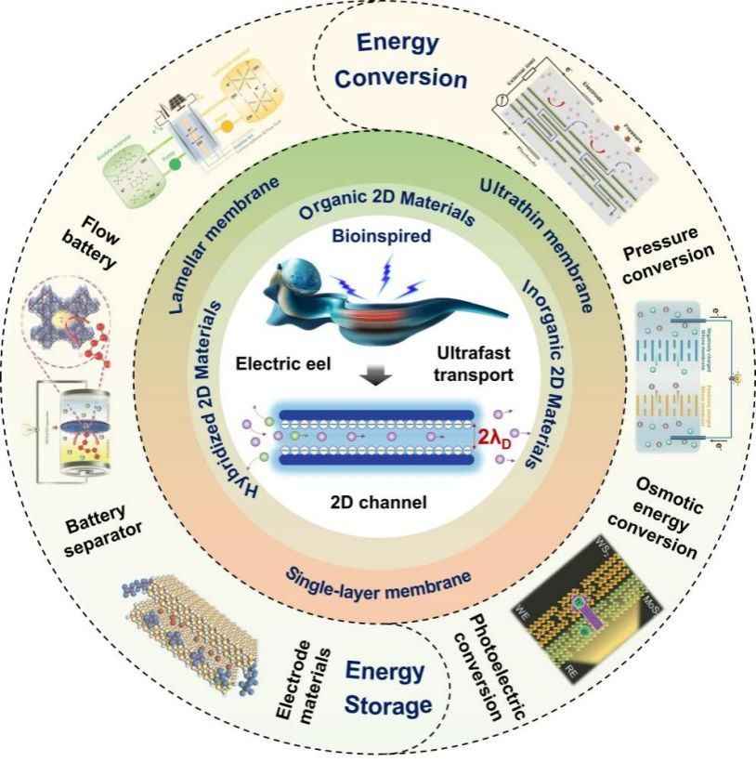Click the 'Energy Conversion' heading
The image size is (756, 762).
coord(400,60)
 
